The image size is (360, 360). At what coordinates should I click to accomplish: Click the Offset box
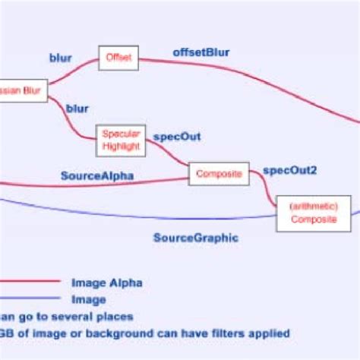pos(118,58)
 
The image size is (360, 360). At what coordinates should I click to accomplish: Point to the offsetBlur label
pos(201,52)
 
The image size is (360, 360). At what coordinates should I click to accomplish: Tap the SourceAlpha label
pos(97,176)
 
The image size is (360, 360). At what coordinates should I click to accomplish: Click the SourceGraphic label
pos(196,237)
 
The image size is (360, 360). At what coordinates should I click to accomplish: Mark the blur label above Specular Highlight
pos(77,109)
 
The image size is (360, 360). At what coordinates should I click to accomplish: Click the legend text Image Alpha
pos(106,283)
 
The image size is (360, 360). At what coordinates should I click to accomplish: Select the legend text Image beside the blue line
pos(89,299)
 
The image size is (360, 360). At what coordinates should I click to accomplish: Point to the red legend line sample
pos(30,283)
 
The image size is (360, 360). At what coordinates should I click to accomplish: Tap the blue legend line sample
pos(30,299)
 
